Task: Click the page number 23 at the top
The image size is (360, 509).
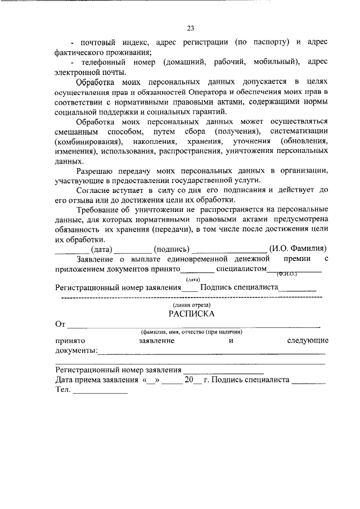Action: coord(190,28)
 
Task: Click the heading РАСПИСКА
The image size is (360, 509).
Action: coord(191,314)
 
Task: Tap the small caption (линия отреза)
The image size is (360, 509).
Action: coord(191,304)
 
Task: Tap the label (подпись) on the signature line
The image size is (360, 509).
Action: coord(172,249)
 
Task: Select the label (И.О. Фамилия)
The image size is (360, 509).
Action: coord(298,249)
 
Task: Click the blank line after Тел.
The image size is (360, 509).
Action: coord(101,392)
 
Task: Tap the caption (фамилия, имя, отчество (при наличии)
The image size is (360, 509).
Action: coord(191,332)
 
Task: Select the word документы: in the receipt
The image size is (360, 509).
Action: coord(76,351)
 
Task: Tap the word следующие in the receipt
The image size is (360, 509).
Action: coord(307,341)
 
